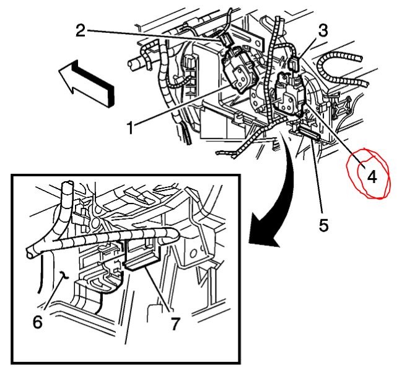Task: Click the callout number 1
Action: (130, 128)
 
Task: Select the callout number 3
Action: (323, 29)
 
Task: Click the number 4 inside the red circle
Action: (372, 176)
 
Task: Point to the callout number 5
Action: (323, 224)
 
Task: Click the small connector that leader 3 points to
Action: (295, 63)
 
